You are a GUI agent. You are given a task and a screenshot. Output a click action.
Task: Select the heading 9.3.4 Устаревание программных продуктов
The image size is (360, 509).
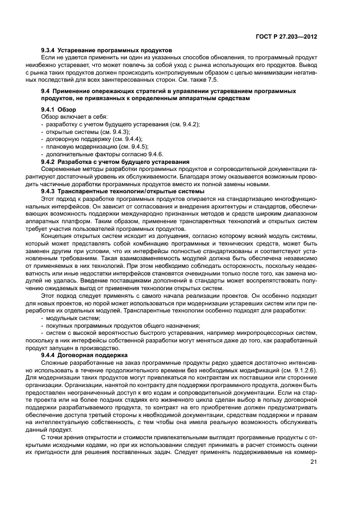tap(106, 50)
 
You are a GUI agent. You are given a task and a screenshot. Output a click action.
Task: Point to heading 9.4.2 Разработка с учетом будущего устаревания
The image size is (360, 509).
tap(115, 162)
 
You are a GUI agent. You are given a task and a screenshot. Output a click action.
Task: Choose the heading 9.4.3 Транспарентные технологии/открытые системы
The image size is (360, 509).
tap(123, 191)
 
